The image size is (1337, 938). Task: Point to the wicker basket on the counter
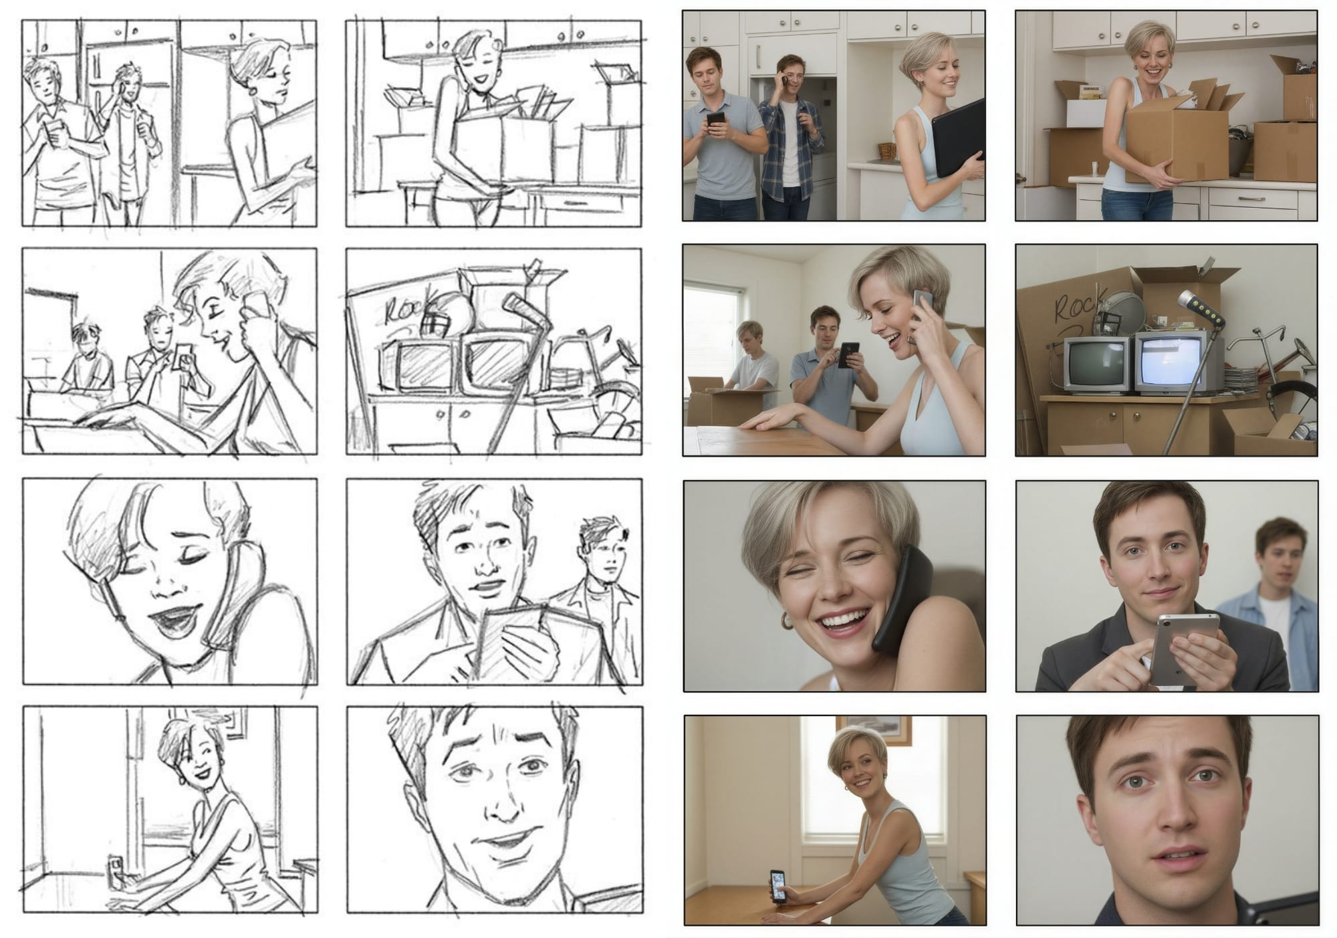click(886, 150)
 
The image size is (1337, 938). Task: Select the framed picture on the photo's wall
click(873, 729)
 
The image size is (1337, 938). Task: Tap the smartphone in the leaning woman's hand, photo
click(777, 885)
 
